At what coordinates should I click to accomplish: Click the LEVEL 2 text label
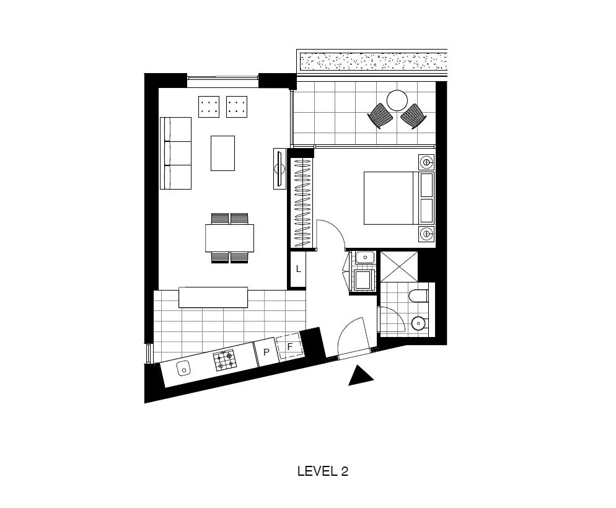click(323, 471)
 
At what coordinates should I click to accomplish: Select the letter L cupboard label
click(298, 269)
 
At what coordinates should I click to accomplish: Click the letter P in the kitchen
click(266, 353)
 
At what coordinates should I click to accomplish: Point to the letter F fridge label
click(289, 347)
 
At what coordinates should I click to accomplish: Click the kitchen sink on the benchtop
click(184, 369)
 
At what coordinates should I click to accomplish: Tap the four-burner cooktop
click(224, 360)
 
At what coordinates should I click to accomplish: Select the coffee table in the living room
click(222, 153)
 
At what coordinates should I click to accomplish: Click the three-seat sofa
click(176, 152)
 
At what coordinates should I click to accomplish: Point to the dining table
click(230, 238)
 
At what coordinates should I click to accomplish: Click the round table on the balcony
click(397, 100)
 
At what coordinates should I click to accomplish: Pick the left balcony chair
click(380, 116)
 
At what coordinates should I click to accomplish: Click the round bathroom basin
click(420, 323)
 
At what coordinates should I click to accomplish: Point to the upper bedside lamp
click(426, 163)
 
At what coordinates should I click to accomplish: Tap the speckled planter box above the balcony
click(372, 61)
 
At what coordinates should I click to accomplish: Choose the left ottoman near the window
click(210, 107)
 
